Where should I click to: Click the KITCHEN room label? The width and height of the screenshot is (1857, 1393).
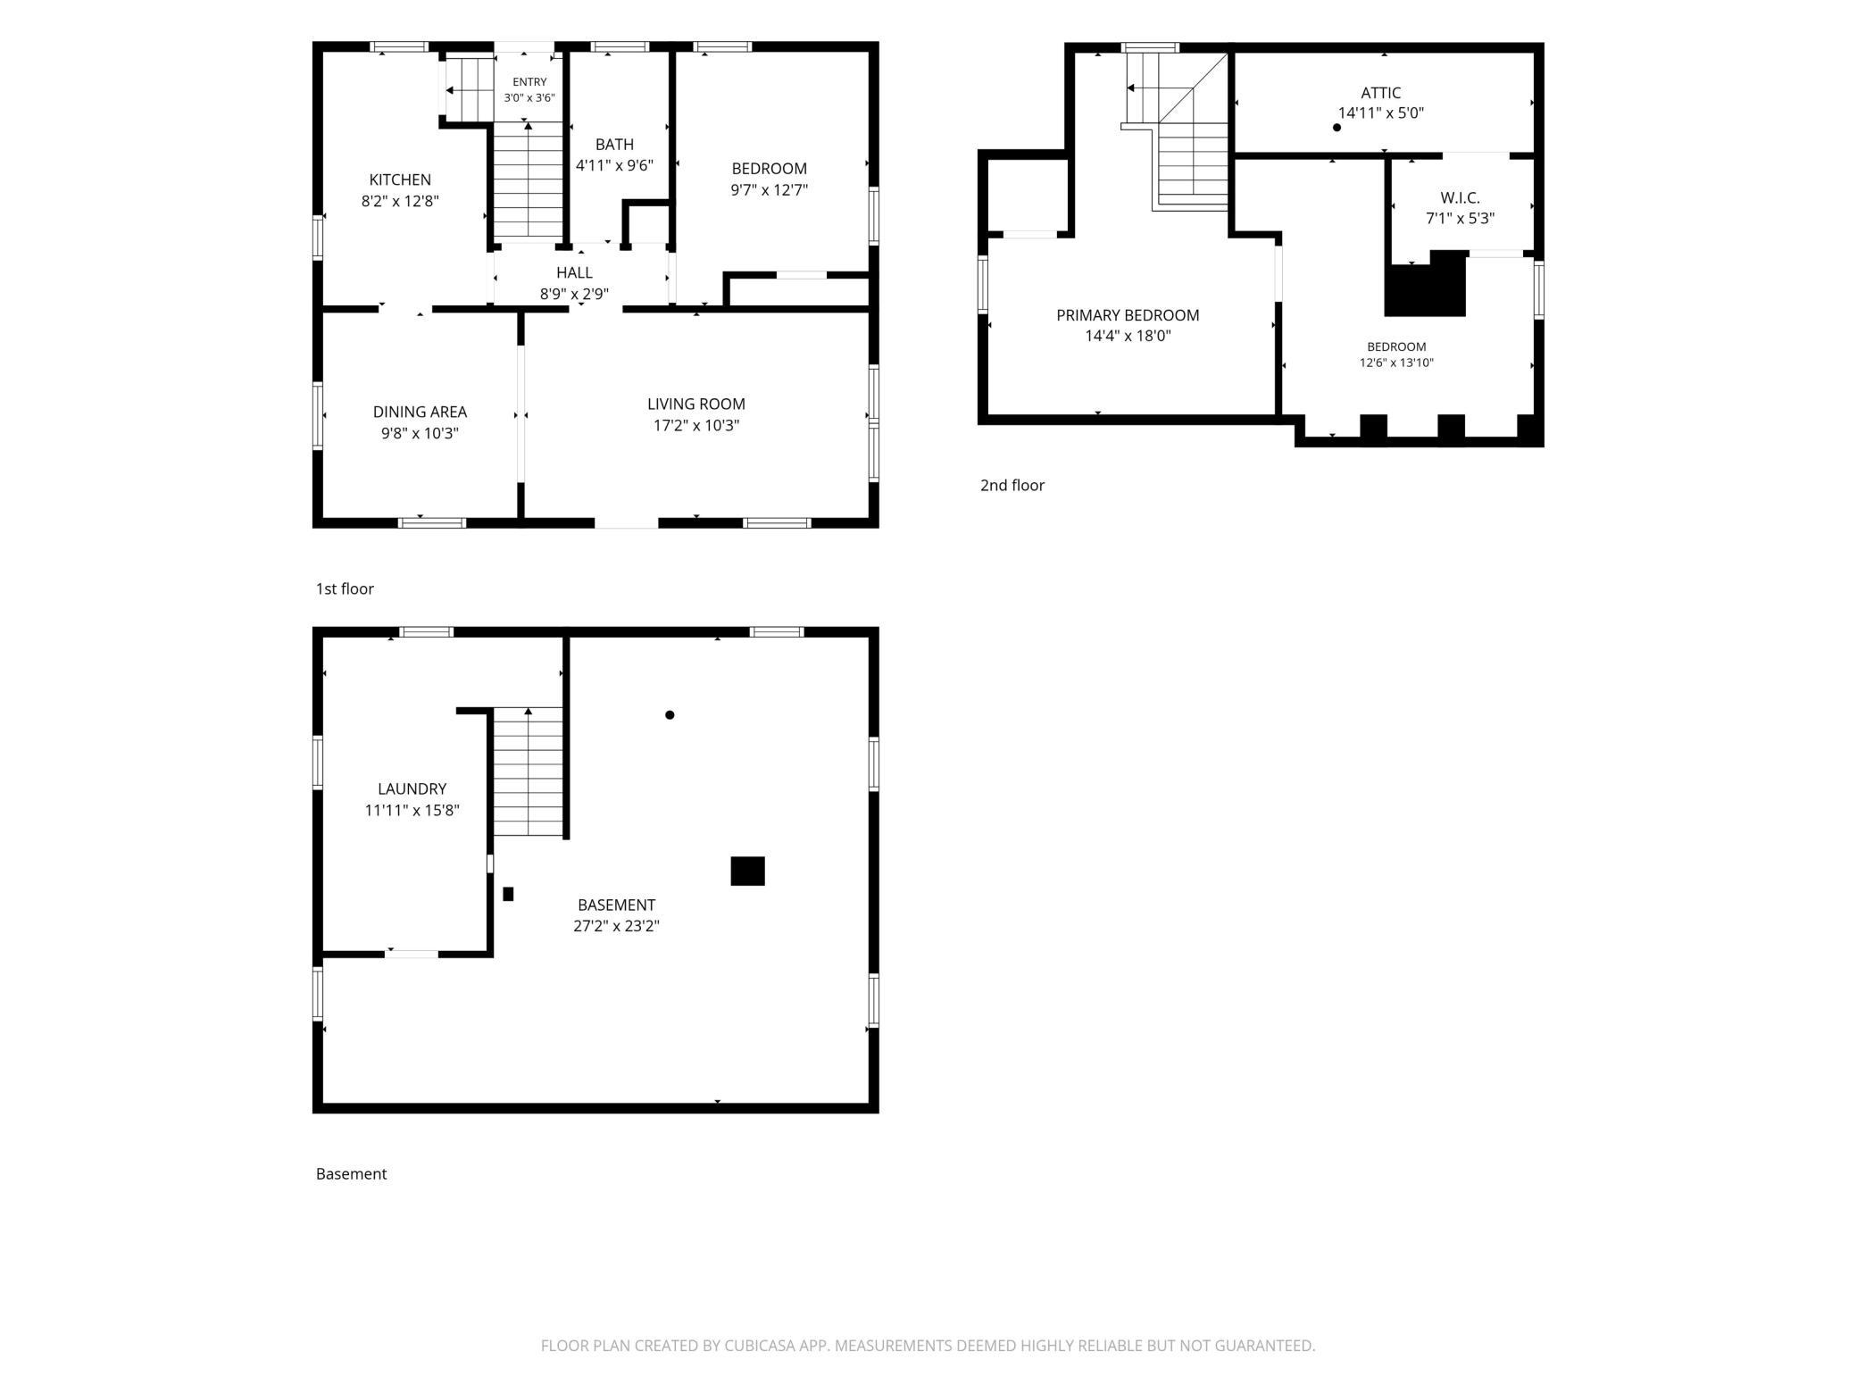coord(400,179)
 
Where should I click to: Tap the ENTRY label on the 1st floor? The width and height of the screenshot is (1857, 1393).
coord(529,82)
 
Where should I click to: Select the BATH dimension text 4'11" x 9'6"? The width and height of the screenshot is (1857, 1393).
coord(614,165)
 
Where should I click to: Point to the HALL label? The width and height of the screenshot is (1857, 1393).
coord(574,272)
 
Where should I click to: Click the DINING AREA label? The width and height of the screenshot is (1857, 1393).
coord(420,412)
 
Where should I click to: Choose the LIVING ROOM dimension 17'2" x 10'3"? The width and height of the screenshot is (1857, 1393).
coord(696,425)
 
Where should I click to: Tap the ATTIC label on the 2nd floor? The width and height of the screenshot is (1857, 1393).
coord(1380,93)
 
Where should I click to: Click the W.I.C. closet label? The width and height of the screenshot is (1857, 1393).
coord(1460,198)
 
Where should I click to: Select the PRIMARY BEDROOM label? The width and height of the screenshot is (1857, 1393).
coord(1128,315)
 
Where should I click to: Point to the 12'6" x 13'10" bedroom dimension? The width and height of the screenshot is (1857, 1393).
coord(1396,363)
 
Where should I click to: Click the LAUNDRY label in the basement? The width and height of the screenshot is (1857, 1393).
coord(412,788)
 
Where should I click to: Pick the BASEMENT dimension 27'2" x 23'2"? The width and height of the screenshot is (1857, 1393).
coord(616,926)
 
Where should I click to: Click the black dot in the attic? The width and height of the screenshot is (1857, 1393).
coord(1337,128)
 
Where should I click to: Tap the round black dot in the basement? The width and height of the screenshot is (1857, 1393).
coord(670,714)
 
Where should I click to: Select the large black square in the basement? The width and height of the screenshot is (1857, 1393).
coord(747,871)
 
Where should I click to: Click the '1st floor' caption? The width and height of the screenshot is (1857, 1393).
coord(345,588)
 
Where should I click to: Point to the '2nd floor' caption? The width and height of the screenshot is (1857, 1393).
coord(1012,485)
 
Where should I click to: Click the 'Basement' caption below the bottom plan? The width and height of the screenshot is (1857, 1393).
coord(351,1173)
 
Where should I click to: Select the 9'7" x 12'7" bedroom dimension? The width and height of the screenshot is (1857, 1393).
coord(769,189)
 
